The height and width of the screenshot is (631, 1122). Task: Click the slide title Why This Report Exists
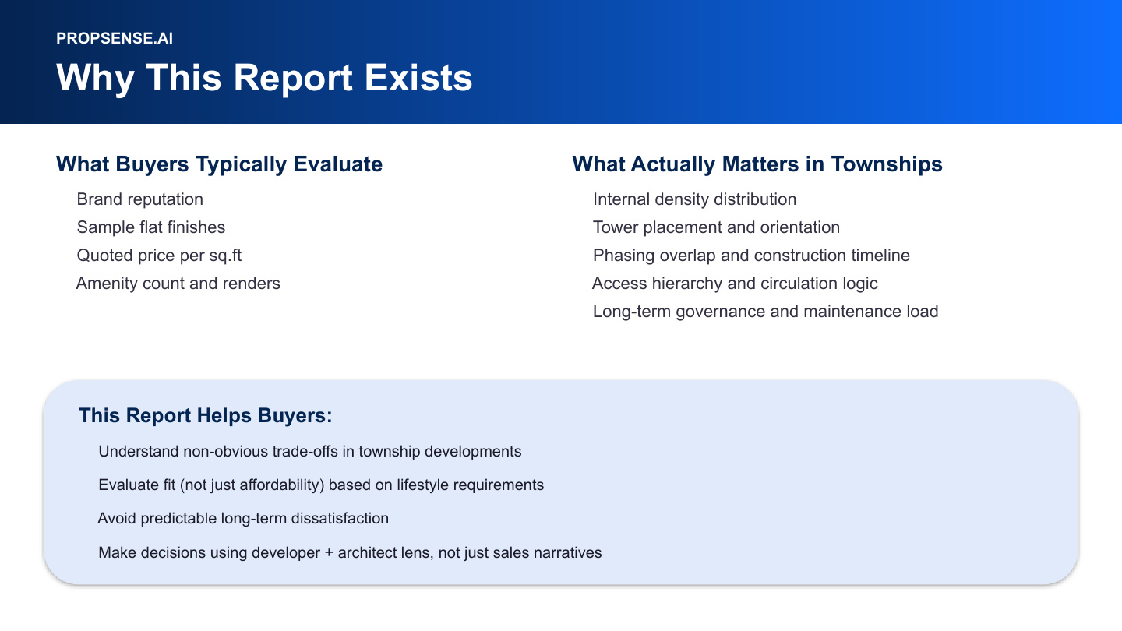point(264,78)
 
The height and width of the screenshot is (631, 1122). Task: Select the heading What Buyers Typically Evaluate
point(219,164)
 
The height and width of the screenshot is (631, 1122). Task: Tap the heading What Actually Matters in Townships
point(757,164)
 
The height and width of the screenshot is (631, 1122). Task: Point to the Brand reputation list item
point(139,199)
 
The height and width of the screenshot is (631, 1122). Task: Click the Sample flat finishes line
point(150,227)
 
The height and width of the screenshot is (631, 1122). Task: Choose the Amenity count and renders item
point(178,284)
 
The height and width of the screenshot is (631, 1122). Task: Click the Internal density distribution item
point(694,199)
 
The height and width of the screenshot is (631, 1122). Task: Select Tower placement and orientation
point(716,227)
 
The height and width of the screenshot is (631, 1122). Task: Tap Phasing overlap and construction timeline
point(751,256)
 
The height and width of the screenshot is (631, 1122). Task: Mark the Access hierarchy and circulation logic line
point(735,284)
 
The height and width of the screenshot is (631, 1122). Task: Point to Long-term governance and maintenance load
point(765,312)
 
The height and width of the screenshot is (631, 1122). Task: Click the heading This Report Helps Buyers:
point(206,416)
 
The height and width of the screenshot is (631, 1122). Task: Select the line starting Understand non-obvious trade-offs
point(309,451)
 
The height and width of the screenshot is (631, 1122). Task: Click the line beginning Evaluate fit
point(321,485)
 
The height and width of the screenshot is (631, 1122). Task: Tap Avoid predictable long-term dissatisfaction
point(243,518)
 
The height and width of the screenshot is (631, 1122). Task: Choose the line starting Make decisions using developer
point(350,552)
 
